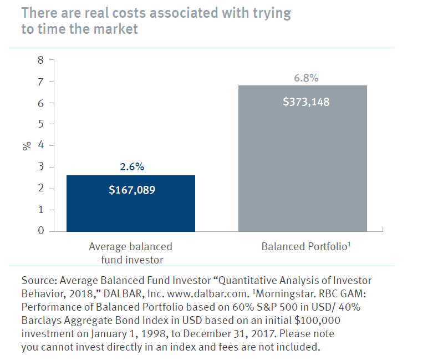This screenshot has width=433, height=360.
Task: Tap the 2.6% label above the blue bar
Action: (131, 166)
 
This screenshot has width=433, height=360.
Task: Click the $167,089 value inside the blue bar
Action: (132, 190)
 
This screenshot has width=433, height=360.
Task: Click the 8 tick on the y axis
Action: (39, 60)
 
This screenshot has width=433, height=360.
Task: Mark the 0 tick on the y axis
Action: (39, 231)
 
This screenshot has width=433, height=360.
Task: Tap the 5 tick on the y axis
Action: (39, 124)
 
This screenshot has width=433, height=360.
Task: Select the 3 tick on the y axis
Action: (39, 167)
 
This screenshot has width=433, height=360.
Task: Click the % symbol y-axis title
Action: (26, 146)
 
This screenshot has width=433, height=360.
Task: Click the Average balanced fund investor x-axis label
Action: (131, 251)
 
